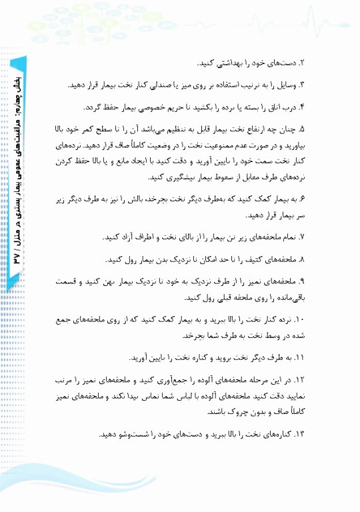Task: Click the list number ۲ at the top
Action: click(x=301, y=63)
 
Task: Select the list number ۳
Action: click(x=301, y=85)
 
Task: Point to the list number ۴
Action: click(x=301, y=107)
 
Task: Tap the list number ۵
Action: click(x=301, y=129)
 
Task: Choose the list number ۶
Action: click(x=301, y=199)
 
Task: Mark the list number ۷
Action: click(x=301, y=237)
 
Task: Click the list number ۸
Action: click(x=301, y=259)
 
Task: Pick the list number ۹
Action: click(x=301, y=281)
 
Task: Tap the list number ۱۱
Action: click(x=299, y=357)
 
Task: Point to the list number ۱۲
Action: click(x=299, y=380)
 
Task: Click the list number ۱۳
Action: click(x=299, y=435)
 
